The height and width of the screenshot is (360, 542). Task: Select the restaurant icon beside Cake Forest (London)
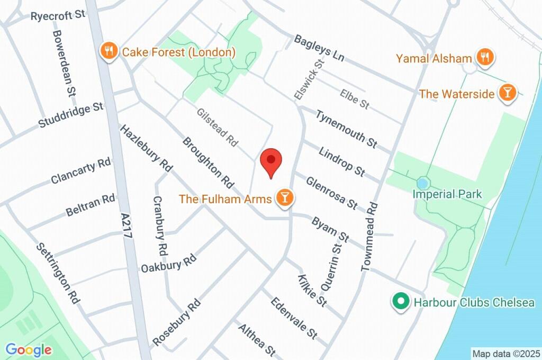coord(109,51)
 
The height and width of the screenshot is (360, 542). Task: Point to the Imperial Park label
coord(447,194)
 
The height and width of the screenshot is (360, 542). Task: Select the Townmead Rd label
coord(369,237)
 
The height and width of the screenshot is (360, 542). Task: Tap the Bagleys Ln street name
coord(319,47)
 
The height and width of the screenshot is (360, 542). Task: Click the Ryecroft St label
coord(58,15)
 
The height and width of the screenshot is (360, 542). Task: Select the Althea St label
coord(257,339)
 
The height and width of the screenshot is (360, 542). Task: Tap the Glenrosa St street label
coord(332,192)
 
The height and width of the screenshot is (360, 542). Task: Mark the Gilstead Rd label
coord(218,128)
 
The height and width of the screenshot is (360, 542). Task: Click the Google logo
coord(29,349)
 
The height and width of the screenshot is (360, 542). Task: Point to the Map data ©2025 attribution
coord(505,353)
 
